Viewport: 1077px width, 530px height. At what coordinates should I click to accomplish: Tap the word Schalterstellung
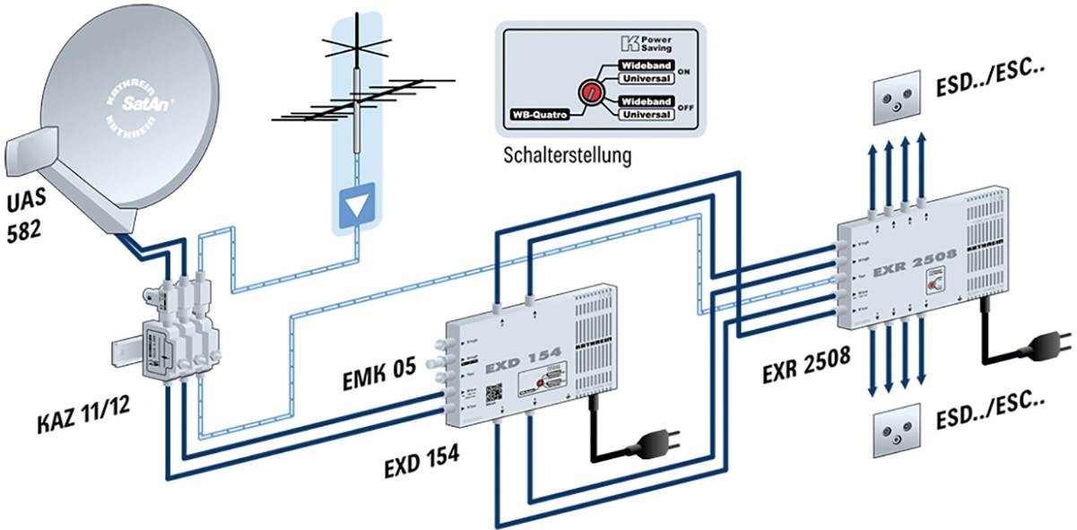[567, 154]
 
